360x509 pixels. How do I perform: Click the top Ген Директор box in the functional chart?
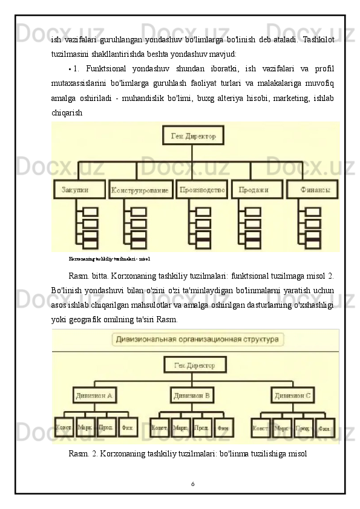tap(193, 135)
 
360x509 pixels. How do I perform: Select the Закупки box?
tap(79, 189)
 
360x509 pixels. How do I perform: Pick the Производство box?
tap(202, 189)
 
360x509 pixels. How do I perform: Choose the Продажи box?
tap(256, 189)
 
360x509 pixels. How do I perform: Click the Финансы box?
tap(312, 189)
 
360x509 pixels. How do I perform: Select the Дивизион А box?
tap(94, 396)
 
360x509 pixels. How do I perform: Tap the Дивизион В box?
tap(192, 396)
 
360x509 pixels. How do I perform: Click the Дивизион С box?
tap(292, 396)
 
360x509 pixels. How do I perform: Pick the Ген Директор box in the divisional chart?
tap(194, 365)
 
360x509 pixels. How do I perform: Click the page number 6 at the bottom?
tap(192, 484)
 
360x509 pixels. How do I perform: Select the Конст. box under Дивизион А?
tap(64, 427)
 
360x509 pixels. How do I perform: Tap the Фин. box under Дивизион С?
tap(325, 428)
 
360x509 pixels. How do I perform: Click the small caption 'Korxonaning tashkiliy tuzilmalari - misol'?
tap(110, 258)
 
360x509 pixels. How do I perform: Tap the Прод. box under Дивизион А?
tap(106, 427)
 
